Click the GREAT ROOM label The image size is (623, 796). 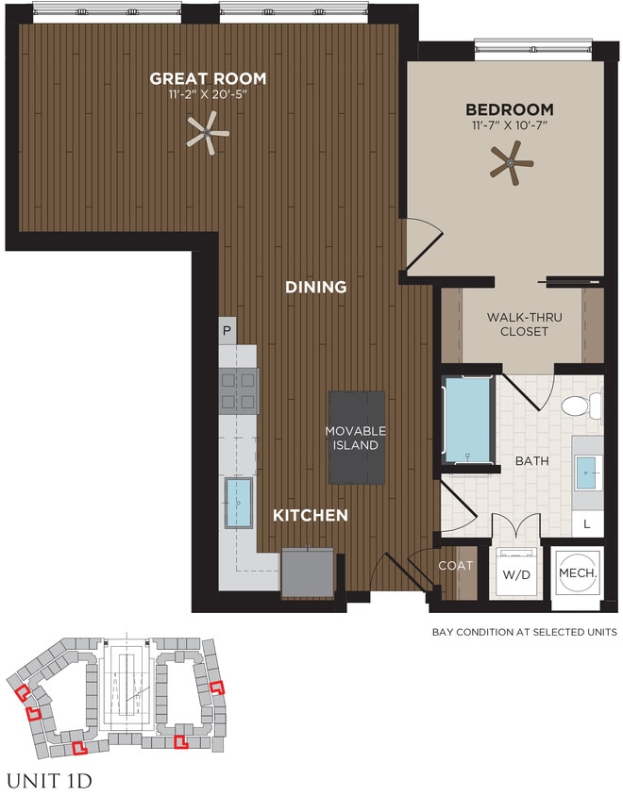coord(207,79)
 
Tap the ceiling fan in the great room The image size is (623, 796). coord(207,133)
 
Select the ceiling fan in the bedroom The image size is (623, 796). coord(511,162)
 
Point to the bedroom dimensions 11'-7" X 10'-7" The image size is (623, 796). coord(509,125)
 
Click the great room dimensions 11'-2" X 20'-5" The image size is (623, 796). coord(207,95)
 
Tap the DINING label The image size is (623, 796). coord(316,287)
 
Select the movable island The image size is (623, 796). coord(356,438)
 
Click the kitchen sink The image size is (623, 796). coord(238,503)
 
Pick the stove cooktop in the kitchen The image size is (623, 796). coord(239,390)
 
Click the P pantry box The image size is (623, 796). coord(227,331)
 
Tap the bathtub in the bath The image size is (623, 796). coord(467,421)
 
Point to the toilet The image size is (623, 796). coord(579,406)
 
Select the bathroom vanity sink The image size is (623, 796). coord(586,469)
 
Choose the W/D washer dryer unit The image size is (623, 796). coord(514,573)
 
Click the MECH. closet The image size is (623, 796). coord(576,572)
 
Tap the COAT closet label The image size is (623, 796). coord(454,566)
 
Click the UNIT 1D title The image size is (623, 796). coord(49,781)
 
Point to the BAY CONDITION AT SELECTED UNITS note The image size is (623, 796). coord(524,631)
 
